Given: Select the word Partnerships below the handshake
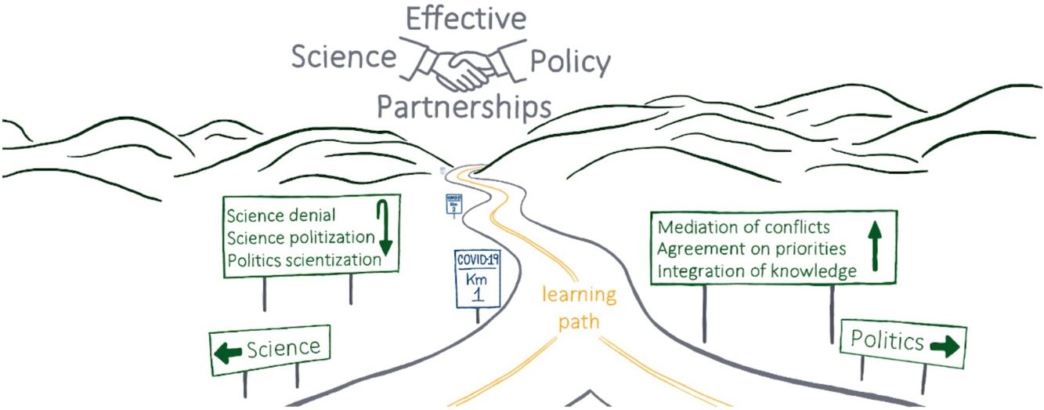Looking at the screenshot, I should click(464, 107).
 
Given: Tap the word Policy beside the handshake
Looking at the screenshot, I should click(570, 61).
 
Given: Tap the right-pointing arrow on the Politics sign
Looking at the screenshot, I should click(944, 346).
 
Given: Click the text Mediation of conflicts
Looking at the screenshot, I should click(743, 228).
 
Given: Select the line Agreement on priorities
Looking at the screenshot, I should click(751, 250).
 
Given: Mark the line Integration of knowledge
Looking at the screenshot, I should click(757, 272).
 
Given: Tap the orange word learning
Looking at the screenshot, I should click(579, 297).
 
